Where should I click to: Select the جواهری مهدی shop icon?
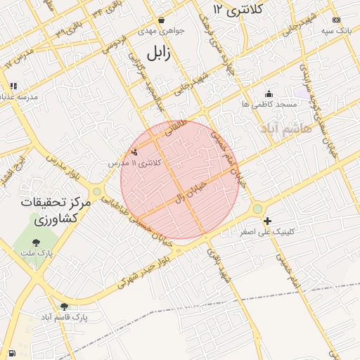(162, 20)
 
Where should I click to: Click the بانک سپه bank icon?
(336, 20)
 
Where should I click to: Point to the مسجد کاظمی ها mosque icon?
(268, 94)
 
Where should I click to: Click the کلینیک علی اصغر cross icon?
(266, 220)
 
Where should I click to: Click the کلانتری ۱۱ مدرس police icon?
(135, 151)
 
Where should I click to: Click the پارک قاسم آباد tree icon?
(65, 307)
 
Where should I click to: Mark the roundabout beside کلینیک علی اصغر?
(257, 208)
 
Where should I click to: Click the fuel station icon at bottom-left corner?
(11, 352)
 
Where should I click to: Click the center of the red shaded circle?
(180, 180)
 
